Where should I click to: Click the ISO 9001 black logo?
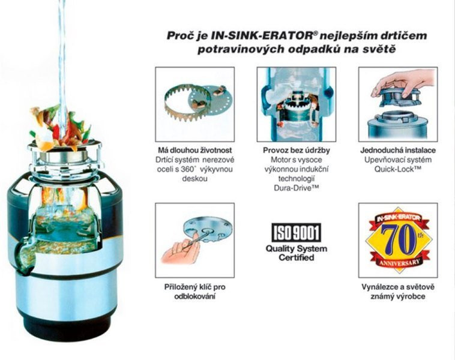pos(297,232)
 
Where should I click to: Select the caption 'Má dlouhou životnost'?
pos(195,150)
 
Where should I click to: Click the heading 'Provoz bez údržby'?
pos(297,150)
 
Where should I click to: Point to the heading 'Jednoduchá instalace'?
pos(398,150)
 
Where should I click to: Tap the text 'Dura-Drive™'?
pos(297,188)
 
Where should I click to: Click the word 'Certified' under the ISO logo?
pos(297,257)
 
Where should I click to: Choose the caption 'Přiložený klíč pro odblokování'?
pos(194,292)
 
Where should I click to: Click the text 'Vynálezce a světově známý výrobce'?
pos(398,292)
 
